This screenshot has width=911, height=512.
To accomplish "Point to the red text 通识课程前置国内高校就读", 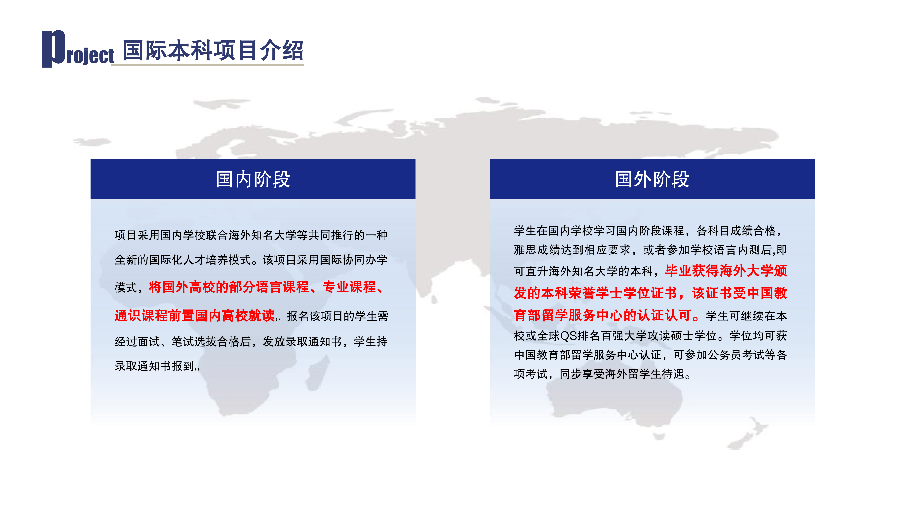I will click(194, 315).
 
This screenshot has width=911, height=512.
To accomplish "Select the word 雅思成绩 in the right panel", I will click(537, 250).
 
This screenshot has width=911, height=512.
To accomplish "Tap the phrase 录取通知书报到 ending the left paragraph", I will click(155, 366).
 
